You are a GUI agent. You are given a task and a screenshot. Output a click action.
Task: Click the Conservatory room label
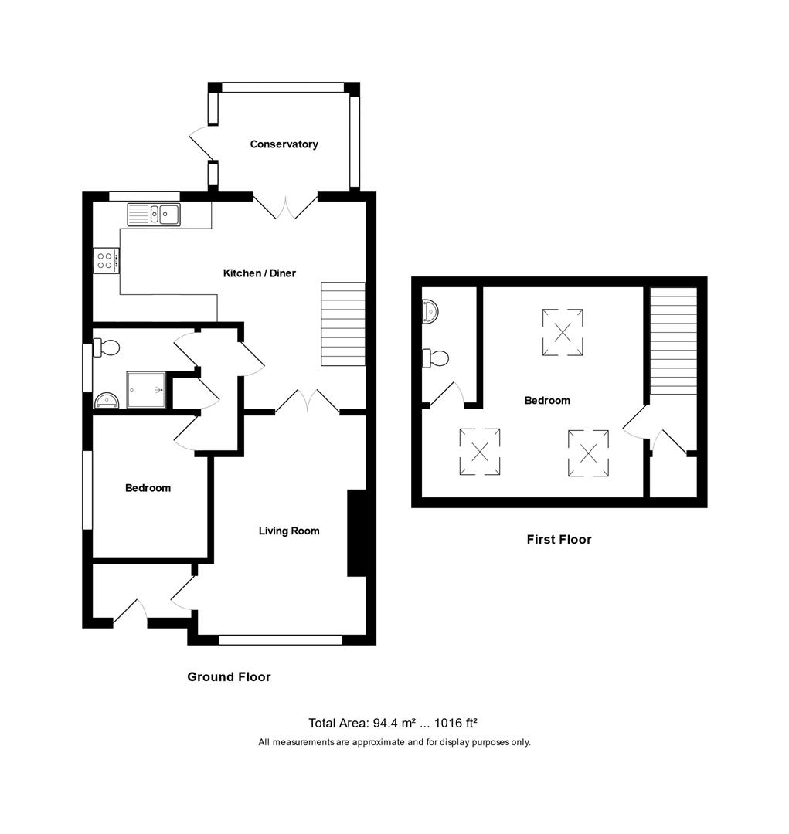click(x=284, y=144)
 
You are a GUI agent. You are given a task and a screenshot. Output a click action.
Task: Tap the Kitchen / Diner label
click(x=259, y=273)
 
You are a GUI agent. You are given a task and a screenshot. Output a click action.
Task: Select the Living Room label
click(x=288, y=531)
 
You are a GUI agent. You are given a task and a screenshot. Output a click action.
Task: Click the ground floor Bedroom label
click(x=148, y=488)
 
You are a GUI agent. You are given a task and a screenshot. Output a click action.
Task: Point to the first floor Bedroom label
click(x=547, y=401)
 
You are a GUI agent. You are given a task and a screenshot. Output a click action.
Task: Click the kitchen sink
click(x=154, y=215)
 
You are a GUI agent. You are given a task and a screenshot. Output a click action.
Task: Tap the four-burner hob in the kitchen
click(x=106, y=260)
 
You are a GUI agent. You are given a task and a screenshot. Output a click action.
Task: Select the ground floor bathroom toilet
click(x=107, y=348)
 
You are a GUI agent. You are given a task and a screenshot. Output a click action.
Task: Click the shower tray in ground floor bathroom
click(x=146, y=389)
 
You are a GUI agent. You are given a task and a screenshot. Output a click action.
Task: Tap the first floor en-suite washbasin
click(x=430, y=312)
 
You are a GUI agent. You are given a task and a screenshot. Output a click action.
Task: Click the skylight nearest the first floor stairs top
click(x=563, y=332)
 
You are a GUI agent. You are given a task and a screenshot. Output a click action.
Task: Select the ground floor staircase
click(x=343, y=324)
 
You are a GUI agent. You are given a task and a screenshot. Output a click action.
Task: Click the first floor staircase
click(x=673, y=341)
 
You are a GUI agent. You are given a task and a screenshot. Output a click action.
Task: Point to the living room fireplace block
click(x=356, y=533)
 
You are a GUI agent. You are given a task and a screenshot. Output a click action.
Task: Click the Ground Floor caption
click(x=229, y=677)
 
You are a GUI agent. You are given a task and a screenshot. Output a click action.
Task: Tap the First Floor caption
click(x=559, y=540)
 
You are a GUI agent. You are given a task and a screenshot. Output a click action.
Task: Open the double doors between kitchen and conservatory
click(x=286, y=206)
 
